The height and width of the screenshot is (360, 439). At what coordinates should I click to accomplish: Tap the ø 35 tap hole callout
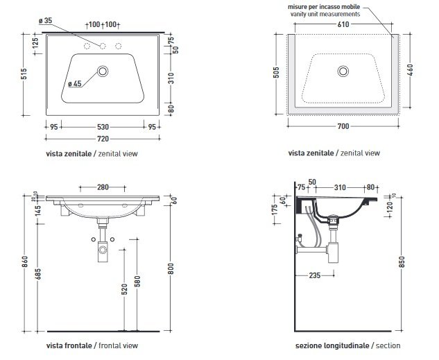tap(46, 22)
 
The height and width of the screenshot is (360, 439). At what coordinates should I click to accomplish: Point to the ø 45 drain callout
tap(76, 84)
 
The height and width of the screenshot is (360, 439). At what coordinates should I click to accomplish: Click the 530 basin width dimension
tap(103, 127)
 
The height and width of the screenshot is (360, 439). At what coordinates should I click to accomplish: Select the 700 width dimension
tap(343, 126)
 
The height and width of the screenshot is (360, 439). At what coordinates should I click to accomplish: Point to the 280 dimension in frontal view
tap(103, 187)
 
